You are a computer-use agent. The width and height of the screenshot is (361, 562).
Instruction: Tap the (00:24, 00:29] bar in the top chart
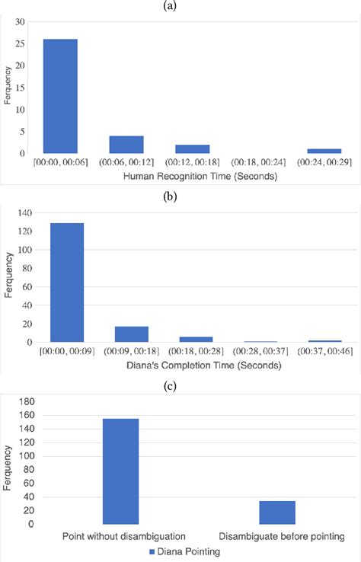324,151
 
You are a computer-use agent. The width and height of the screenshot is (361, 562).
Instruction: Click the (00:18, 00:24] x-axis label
258,161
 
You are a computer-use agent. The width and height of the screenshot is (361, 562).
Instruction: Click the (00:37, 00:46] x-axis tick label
324,350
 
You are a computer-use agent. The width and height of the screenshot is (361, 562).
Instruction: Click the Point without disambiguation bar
120,471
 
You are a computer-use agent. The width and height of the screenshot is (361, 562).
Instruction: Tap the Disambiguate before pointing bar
277,513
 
